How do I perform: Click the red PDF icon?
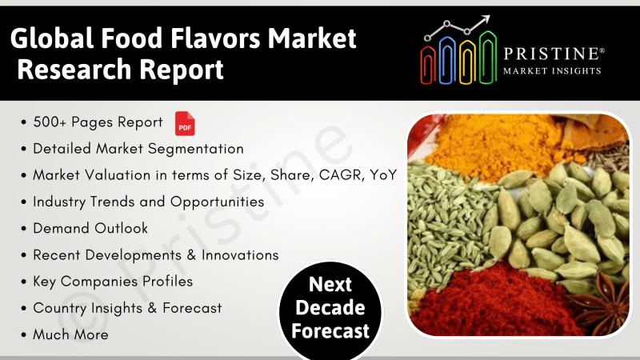point(185,123)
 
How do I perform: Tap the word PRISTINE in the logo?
point(551,54)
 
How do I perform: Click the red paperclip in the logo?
point(428,65)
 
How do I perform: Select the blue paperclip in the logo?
point(447,61)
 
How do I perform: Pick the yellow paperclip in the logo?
point(467,62)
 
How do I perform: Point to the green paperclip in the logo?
point(487,58)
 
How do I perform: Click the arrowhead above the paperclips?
point(486,19)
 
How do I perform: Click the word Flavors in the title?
point(214,38)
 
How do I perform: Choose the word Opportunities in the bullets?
point(217,202)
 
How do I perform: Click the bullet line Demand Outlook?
point(90,228)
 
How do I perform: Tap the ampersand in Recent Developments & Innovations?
point(191,255)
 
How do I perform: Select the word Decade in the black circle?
point(330,307)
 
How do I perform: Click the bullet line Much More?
point(70,334)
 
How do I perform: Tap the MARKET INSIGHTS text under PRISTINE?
point(552,71)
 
